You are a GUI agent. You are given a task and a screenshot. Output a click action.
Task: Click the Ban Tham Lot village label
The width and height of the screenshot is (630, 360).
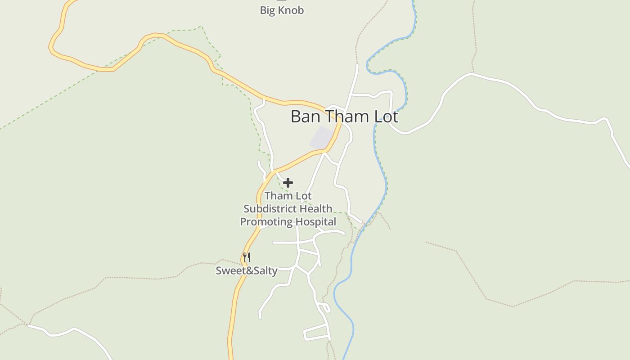[x=344, y=117]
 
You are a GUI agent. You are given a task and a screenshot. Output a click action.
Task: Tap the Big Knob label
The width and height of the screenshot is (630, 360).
[x=282, y=10]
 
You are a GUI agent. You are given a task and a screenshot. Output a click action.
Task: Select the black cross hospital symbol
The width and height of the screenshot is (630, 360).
[x=288, y=183]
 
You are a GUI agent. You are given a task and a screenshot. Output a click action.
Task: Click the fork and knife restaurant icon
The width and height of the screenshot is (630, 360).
[x=246, y=257]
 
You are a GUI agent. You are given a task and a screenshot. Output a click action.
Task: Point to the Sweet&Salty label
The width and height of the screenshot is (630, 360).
[x=246, y=270]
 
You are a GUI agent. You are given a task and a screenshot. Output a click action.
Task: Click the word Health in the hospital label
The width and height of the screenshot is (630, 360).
[x=316, y=209]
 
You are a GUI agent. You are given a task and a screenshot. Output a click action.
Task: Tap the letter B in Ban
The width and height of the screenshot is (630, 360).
[x=296, y=117]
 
